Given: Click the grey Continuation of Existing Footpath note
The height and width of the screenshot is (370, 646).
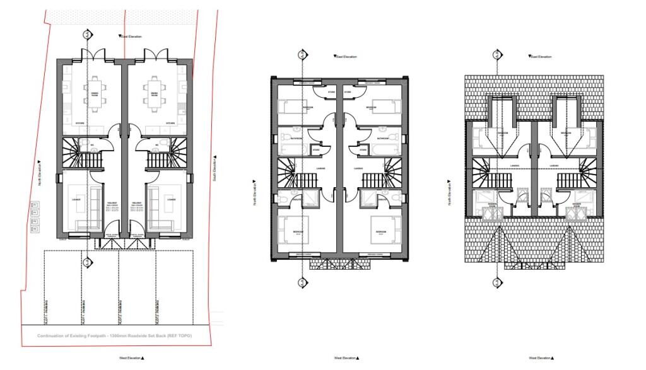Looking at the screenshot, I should tap(114, 336).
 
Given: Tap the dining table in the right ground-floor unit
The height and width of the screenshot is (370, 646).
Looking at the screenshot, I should tap(153, 93).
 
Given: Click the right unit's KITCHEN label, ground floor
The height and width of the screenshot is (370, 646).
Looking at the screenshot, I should tap(170, 123).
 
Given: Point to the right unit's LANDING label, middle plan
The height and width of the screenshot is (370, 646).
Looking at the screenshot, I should tap(358, 168).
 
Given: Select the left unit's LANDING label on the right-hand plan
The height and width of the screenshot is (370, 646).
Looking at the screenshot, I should tap(514, 166).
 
